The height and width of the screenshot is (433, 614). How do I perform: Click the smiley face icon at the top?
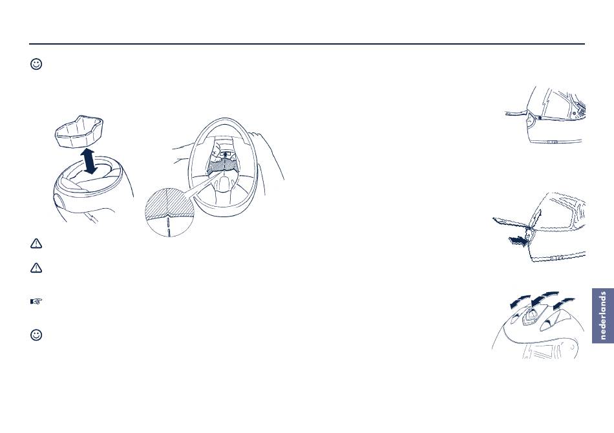click(36, 64)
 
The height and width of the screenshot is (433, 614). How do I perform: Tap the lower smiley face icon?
click(36, 335)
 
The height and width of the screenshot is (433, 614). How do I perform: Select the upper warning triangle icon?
click(36, 244)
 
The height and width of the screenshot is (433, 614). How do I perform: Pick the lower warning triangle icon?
click(36, 268)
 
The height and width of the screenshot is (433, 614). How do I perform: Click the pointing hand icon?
click(36, 301)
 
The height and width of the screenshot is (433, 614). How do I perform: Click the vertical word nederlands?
click(603, 315)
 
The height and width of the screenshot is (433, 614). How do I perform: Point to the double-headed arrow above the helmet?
click(90, 161)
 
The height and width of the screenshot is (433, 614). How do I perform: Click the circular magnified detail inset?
click(169, 212)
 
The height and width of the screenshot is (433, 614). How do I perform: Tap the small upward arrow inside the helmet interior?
click(225, 154)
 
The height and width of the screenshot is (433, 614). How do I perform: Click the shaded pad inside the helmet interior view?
click(223, 166)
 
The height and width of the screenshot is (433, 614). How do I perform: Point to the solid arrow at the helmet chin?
click(518, 241)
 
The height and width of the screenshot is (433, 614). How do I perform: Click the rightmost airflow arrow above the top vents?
click(564, 302)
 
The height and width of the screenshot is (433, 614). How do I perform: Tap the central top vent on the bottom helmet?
click(531, 315)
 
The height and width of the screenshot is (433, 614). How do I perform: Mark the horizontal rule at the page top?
click(307, 44)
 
